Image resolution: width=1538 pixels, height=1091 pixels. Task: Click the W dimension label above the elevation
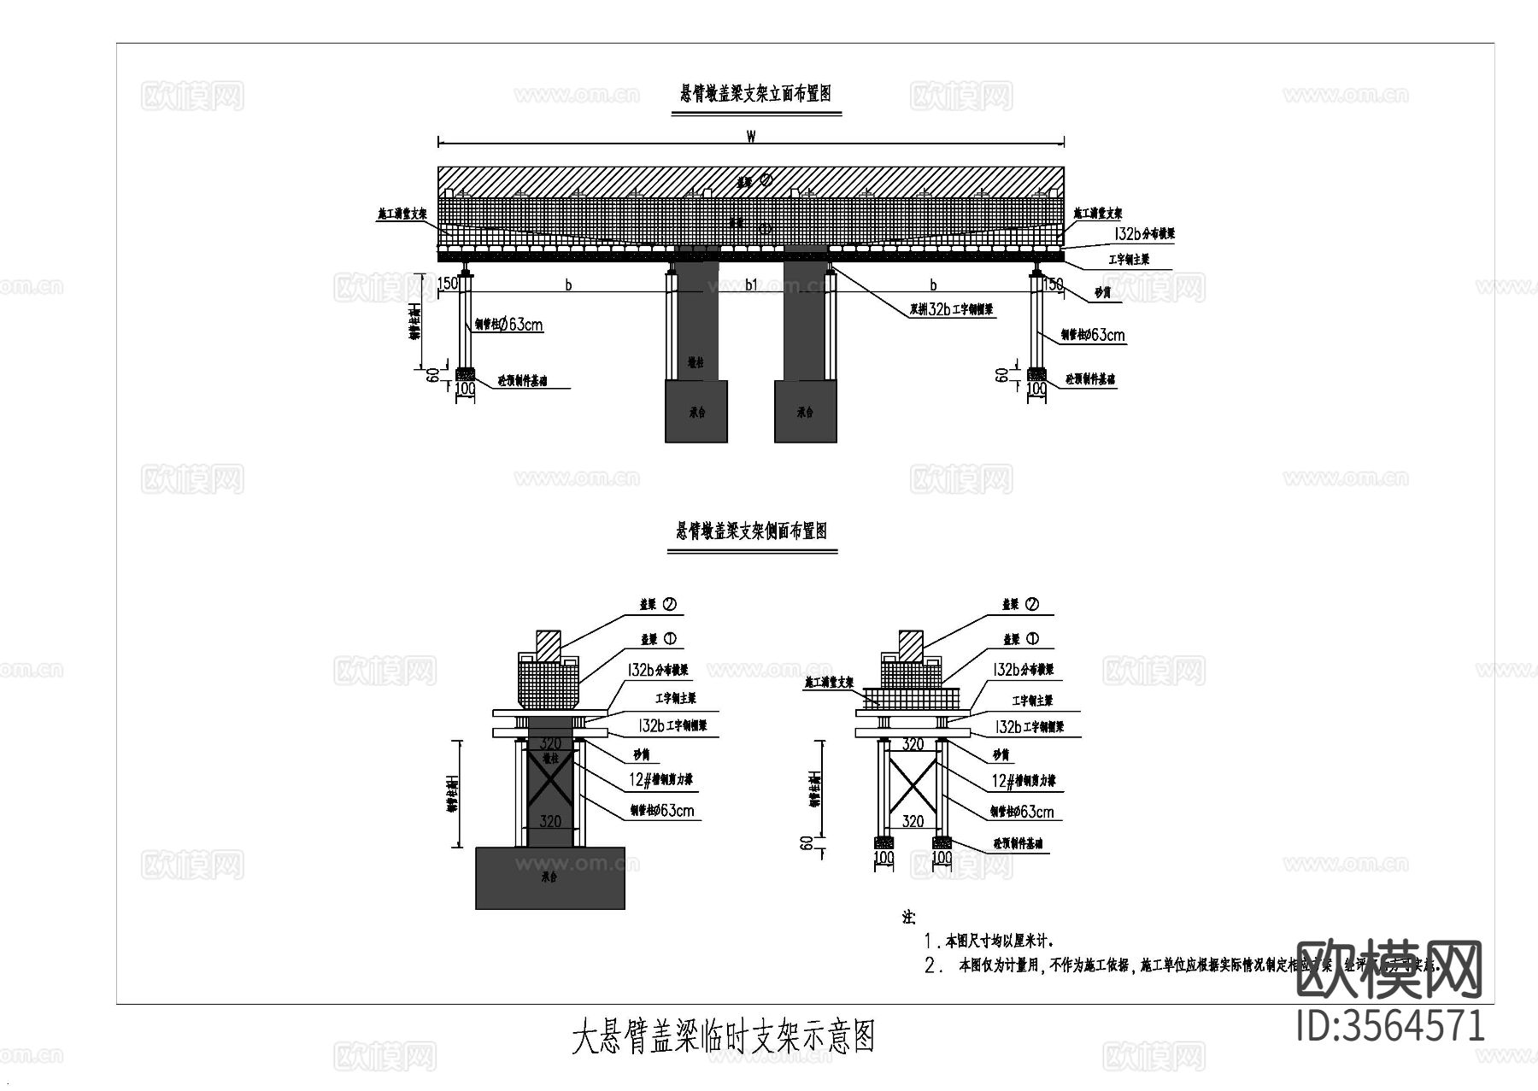click(750, 136)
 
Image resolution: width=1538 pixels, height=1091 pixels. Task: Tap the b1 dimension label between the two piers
click(751, 284)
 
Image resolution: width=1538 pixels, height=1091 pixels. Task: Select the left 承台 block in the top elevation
click(696, 411)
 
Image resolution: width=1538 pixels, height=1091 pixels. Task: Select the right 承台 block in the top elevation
click(805, 411)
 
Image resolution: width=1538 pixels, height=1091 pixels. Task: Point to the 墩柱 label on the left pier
click(696, 362)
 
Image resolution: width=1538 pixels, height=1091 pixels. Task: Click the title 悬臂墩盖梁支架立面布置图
click(755, 94)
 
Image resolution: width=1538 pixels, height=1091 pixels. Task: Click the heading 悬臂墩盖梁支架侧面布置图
click(752, 531)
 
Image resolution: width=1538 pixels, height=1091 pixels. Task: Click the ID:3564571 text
click(1390, 1025)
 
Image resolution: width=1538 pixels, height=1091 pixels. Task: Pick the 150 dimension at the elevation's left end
click(449, 284)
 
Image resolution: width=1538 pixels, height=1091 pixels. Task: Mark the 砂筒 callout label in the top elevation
click(1103, 293)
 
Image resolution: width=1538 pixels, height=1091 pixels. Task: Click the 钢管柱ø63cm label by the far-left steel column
click(508, 325)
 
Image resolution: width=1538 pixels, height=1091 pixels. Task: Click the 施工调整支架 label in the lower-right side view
click(829, 683)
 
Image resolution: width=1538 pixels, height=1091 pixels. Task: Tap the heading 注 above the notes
click(908, 918)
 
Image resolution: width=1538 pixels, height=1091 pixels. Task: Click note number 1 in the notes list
click(931, 941)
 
